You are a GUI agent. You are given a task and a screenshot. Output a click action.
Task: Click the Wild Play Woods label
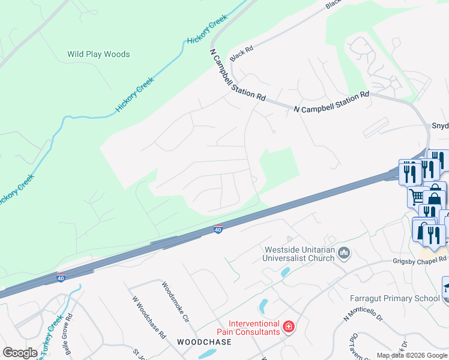[x=98, y=54]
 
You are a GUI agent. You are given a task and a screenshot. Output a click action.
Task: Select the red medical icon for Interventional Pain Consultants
[x=289, y=327]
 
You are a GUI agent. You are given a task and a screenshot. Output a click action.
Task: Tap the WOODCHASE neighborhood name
[x=204, y=341]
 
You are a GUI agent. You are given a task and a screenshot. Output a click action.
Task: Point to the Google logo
[x=20, y=353]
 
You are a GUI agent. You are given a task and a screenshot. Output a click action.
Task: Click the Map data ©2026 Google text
[x=412, y=356]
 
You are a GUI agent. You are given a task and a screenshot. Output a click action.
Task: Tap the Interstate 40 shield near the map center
[x=218, y=230]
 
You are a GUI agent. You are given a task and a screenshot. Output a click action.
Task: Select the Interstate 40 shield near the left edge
[x=61, y=278]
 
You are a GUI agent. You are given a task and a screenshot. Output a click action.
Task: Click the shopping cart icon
[x=416, y=196]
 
